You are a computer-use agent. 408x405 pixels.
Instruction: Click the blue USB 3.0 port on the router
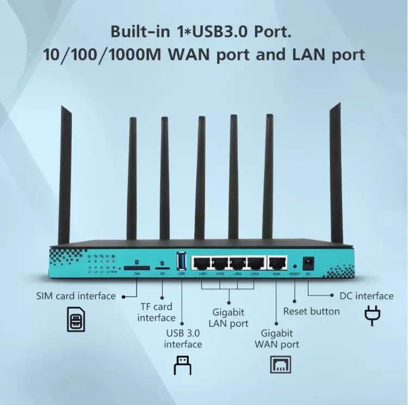(x=182, y=262)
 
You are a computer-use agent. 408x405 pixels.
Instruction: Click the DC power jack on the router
(x=309, y=262)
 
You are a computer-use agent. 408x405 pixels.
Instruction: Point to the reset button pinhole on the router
(x=294, y=266)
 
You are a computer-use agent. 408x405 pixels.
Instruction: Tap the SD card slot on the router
(x=162, y=268)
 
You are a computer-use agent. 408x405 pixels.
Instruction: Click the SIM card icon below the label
(x=76, y=320)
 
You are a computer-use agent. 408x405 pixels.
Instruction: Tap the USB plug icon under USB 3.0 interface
(x=182, y=365)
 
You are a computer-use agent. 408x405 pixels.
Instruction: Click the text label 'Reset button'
(x=311, y=311)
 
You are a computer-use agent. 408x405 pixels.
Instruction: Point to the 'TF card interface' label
(x=156, y=312)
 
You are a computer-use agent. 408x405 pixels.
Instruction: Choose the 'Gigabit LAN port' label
(x=228, y=318)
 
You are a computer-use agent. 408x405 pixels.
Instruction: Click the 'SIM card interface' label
(x=76, y=296)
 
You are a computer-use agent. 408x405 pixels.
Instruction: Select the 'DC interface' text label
(x=366, y=296)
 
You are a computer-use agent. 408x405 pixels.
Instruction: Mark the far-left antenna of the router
(x=65, y=174)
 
